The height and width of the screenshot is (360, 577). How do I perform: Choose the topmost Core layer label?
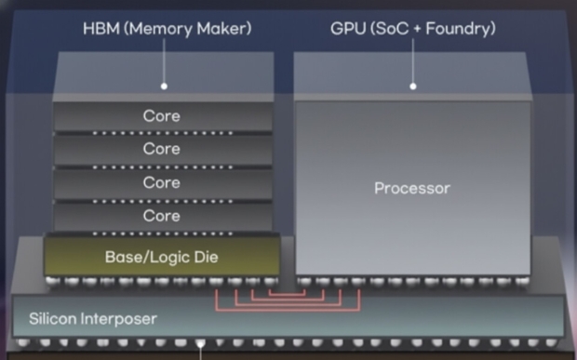tap(161, 116)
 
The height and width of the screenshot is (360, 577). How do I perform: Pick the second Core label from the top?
tap(161, 149)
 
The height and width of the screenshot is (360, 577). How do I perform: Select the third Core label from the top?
tap(161, 182)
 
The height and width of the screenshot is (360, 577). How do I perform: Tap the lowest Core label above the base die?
tap(161, 216)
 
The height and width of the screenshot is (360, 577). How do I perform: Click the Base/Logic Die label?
tap(161, 255)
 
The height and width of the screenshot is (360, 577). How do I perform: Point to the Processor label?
tap(411, 188)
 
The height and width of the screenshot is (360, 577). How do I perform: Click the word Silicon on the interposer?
tap(52, 319)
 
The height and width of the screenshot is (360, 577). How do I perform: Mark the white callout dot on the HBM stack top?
tap(164, 87)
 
